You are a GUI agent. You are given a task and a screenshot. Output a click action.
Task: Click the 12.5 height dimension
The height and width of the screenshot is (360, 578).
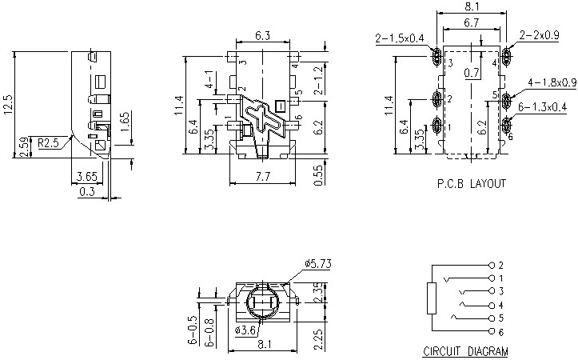[x=9, y=106]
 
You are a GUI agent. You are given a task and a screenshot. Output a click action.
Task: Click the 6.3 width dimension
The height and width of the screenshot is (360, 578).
[x=262, y=35]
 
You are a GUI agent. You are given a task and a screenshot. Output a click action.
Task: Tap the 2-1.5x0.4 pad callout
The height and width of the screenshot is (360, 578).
[x=400, y=38]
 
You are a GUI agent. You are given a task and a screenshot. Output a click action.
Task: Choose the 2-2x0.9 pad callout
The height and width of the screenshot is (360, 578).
[x=538, y=36]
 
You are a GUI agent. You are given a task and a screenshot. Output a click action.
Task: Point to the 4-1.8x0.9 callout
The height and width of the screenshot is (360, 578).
[x=552, y=82]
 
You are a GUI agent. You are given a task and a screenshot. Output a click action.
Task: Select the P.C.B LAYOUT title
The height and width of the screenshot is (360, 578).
[x=471, y=183]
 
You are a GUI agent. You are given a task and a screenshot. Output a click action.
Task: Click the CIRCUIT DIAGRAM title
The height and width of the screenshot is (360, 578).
[x=464, y=351]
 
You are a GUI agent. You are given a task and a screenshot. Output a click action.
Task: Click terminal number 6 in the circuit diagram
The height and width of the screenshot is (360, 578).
[x=500, y=331]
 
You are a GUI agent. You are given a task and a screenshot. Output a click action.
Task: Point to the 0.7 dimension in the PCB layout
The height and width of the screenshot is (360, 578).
[x=472, y=74]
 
